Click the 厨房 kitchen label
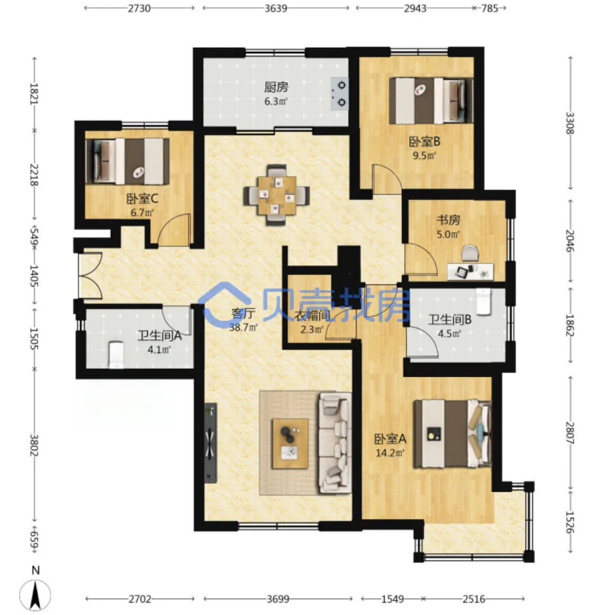tap(276, 87)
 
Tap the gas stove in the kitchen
tap(339, 94)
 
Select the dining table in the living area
tap(277, 195)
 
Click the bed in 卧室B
tap(431, 101)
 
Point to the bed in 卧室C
tap(128, 161)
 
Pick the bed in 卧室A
tap(453, 434)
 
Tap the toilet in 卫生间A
tap(116, 355)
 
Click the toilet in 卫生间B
tap(483, 301)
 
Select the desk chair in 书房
tap(470, 254)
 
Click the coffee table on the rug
tap(290, 443)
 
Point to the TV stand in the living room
tap(211, 442)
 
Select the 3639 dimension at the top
tap(276, 8)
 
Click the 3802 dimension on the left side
tap(34, 445)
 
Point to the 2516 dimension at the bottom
tap(473, 599)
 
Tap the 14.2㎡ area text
tap(390, 453)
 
